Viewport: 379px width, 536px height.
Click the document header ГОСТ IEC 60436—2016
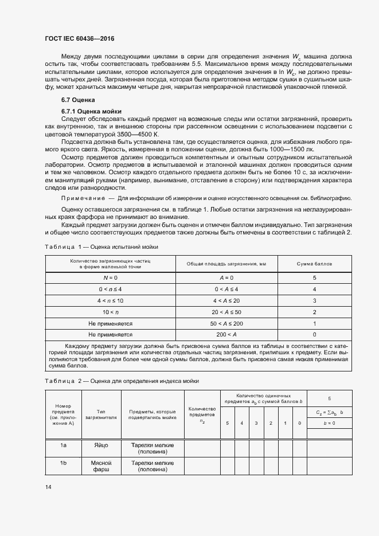click(84, 38)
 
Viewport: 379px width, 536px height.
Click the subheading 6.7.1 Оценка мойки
click(91, 111)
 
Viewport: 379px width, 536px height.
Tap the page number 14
click(48, 487)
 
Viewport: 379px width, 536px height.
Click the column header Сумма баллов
click(315, 264)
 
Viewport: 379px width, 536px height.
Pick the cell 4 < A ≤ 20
click(225, 300)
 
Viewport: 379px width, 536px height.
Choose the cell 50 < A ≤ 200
click(225, 323)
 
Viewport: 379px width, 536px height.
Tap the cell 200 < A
click(225, 334)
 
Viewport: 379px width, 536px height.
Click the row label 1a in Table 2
click(63, 445)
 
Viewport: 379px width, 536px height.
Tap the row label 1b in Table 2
click(63, 463)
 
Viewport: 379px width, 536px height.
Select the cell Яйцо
click(101, 445)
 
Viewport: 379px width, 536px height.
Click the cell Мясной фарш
click(101, 466)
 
